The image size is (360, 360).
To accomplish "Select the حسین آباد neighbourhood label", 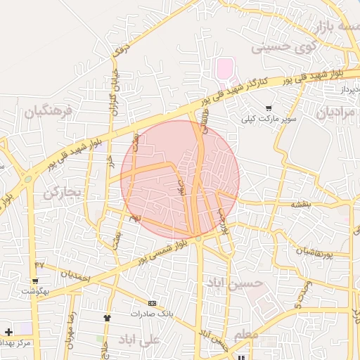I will [x=234, y=283].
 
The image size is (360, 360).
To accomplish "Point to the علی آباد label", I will [x=141, y=340].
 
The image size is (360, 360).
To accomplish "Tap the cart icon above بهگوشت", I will [x=34, y=281].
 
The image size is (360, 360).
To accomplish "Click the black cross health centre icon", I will [x=8, y=331].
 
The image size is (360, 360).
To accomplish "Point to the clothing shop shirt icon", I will [x=107, y=318].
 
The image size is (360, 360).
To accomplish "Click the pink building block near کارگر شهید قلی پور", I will [x=224, y=70].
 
